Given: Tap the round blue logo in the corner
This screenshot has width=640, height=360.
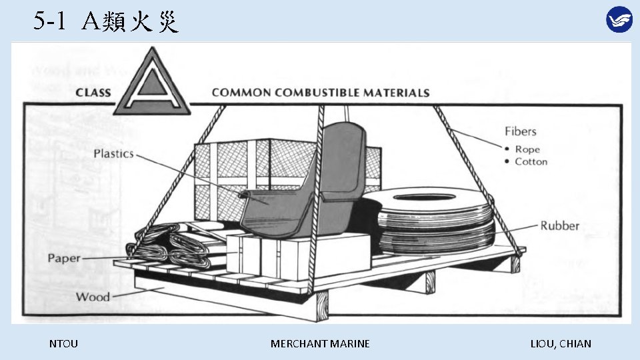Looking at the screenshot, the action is (619, 19).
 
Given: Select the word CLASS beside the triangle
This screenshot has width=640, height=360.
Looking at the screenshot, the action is (93, 93).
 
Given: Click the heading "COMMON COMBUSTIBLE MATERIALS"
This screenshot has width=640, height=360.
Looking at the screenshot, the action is (321, 93).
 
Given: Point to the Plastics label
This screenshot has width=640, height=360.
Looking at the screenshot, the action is (113, 154).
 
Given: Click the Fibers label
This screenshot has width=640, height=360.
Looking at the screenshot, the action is (520, 131).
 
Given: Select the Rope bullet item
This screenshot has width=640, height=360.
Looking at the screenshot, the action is (527, 149).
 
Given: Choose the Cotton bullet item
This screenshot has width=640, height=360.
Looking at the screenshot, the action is (531, 161).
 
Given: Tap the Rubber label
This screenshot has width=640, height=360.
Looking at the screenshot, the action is (559, 226).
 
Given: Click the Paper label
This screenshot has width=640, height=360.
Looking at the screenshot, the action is (64, 258).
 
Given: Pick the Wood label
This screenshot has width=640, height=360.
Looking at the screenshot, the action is (93, 297).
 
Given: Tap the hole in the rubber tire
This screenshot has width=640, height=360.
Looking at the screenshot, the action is (433, 198).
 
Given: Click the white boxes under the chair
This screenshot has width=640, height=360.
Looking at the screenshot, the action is (293, 257).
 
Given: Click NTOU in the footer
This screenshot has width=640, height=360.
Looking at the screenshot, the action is (63, 344).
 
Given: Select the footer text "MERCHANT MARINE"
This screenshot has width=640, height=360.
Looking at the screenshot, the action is (320, 344).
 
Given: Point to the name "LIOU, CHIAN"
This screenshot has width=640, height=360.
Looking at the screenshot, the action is (560, 344).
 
